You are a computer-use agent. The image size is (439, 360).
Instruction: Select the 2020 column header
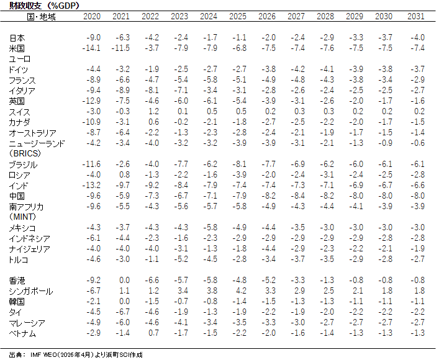91,16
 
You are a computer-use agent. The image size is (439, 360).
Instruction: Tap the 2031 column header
416,16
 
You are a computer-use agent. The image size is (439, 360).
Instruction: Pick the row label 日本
17,38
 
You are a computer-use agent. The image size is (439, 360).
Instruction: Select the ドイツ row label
19,69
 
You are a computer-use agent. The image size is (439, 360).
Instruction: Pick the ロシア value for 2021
122,174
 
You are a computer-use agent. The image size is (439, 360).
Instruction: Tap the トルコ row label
19,259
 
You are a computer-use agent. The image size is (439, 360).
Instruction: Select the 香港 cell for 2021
122,280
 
